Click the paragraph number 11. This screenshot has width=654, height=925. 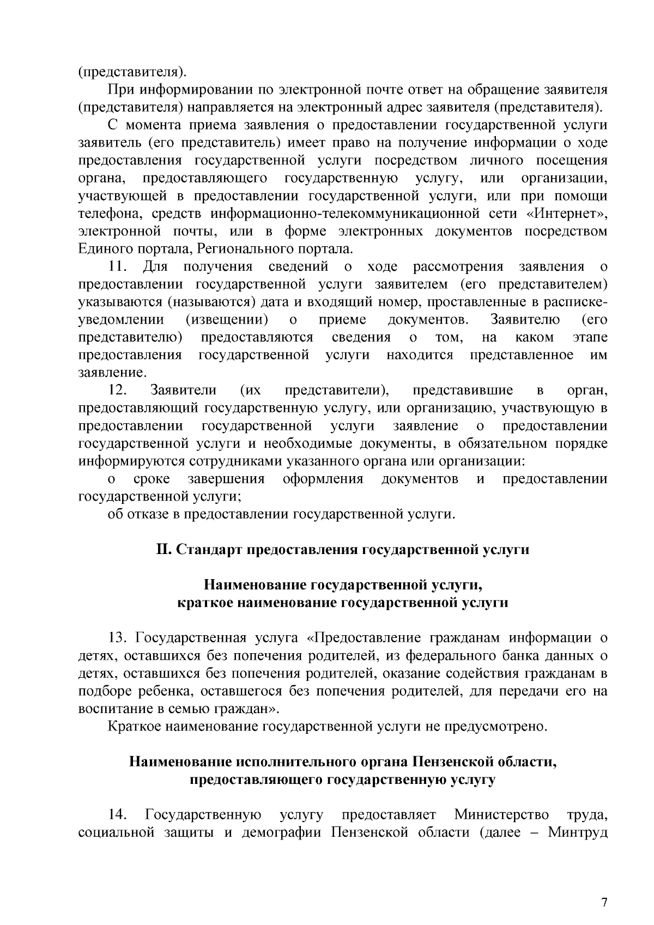click(x=118, y=266)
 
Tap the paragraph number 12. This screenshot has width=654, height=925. click(x=118, y=390)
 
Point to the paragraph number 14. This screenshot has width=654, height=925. click(x=118, y=815)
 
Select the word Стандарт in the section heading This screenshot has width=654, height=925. click(x=210, y=550)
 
